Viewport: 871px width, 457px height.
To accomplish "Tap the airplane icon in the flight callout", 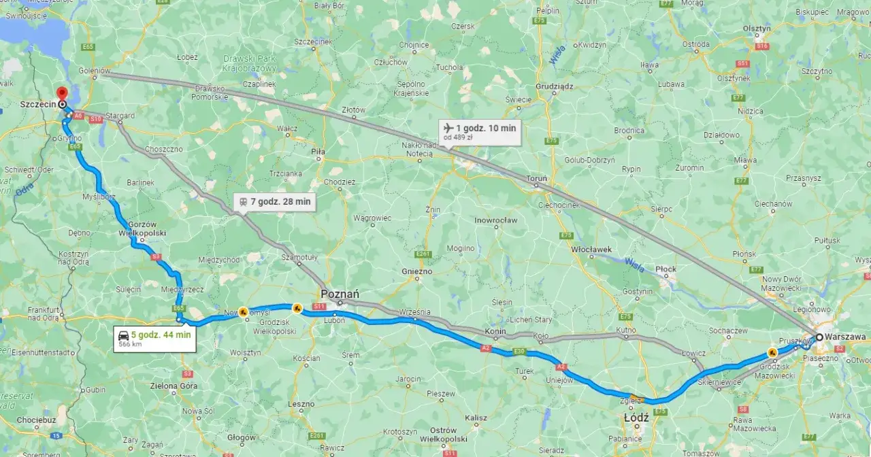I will (448, 128).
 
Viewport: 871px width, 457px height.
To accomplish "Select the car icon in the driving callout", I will (124, 335).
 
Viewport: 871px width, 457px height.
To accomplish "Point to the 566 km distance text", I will (131, 344).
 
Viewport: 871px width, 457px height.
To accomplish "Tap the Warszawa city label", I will (844, 337).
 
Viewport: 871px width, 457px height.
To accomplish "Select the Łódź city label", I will (636, 417).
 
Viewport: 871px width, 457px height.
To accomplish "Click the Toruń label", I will (536, 178).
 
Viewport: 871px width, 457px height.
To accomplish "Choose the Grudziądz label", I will (555, 86).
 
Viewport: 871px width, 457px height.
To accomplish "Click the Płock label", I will (665, 269).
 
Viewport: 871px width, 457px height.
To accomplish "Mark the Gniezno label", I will (416, 271).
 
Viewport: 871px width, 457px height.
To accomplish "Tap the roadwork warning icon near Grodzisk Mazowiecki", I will (772, 352).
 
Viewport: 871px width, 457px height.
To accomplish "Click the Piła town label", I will (317, 152).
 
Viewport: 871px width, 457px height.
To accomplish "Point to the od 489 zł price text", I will (459, 137).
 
